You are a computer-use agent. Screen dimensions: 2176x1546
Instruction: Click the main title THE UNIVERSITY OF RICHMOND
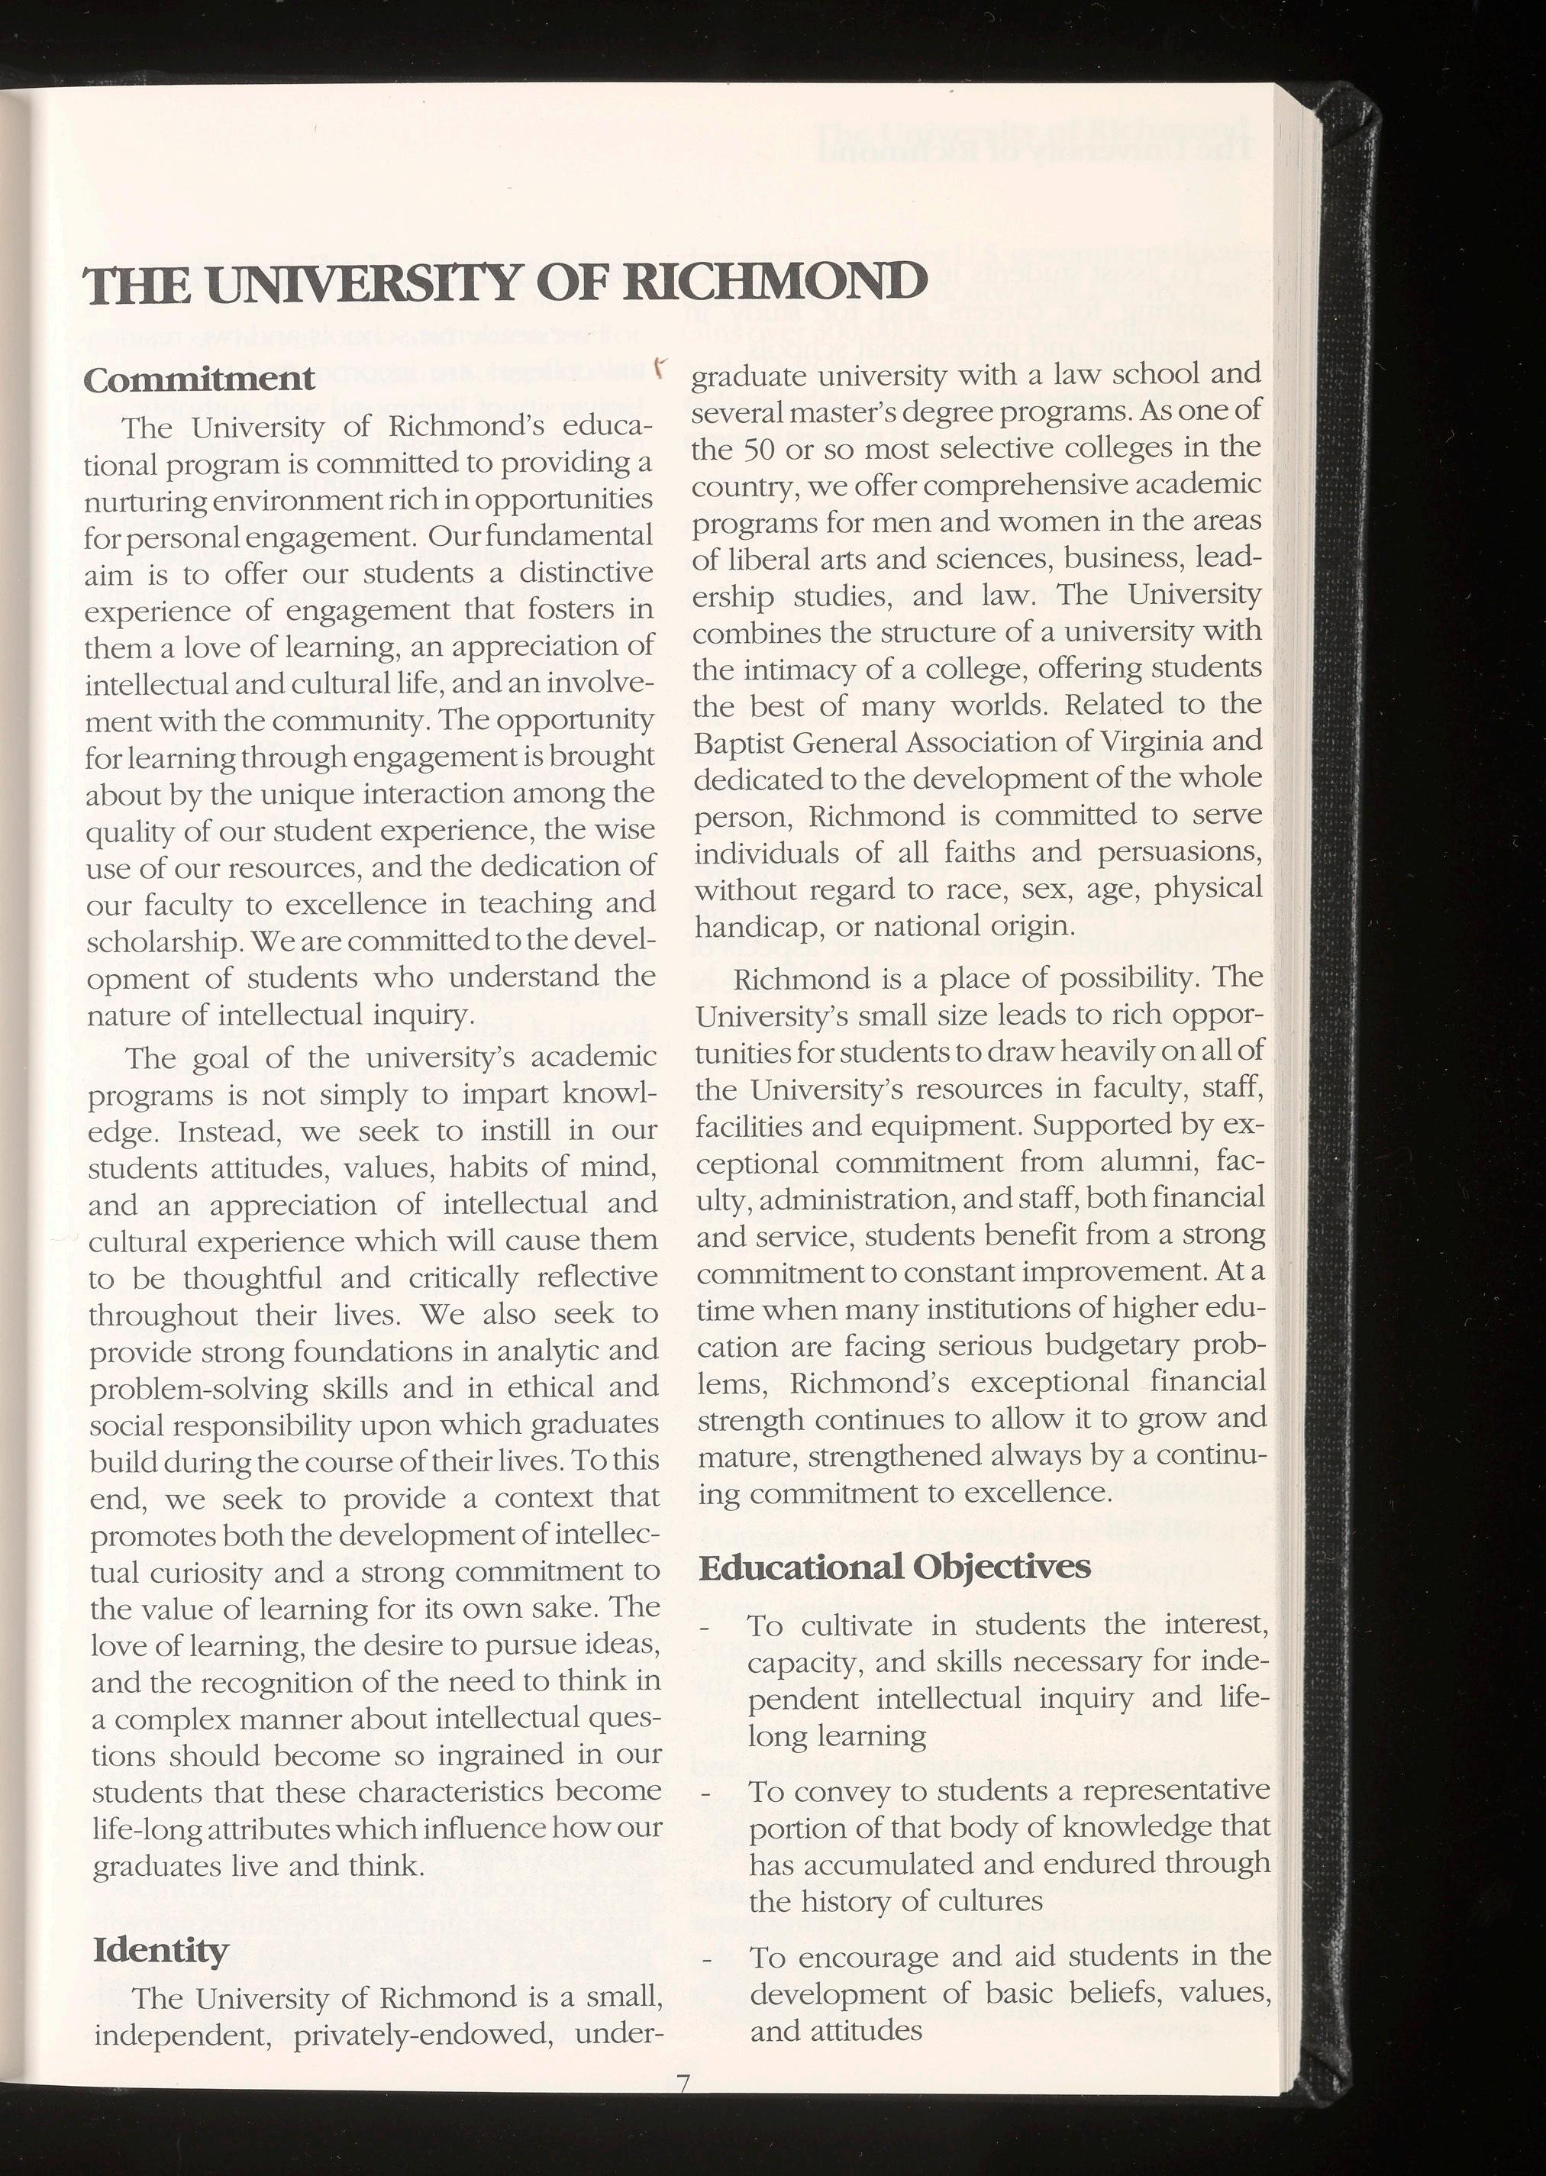pyautogui.click(x=505, y=282)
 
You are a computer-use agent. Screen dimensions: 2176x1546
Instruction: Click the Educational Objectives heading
pyautogui.click(x=894, y=1567)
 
